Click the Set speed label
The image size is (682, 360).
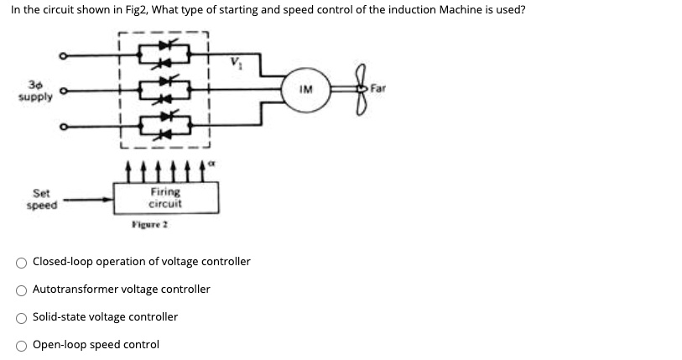42,200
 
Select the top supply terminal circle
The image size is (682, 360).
61,57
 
